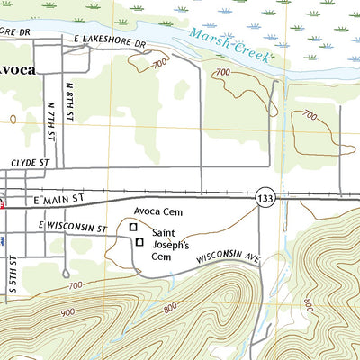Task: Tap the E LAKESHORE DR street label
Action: [x=111, y=42]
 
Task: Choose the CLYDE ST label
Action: [x=28, y=163]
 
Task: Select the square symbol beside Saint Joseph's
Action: [x=139, y=242]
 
